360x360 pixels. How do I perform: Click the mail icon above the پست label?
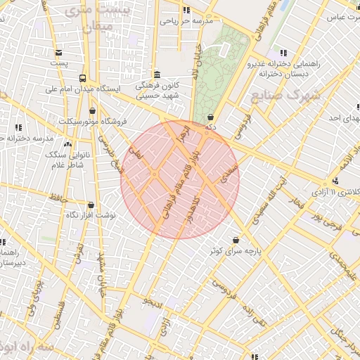pos(58,53)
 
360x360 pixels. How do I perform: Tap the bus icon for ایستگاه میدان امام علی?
pos(83,79)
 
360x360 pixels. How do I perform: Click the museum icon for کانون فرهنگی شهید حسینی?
pos(156,75)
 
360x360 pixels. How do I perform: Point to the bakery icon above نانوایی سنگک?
pos(68,144)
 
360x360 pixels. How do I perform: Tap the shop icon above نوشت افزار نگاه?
pos(90,205)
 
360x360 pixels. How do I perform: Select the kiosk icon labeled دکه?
pos(210,117)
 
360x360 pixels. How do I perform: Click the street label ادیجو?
pos(153,301)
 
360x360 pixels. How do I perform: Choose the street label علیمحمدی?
pos(344,268)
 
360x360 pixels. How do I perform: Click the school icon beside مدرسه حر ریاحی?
pos(186,11)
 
